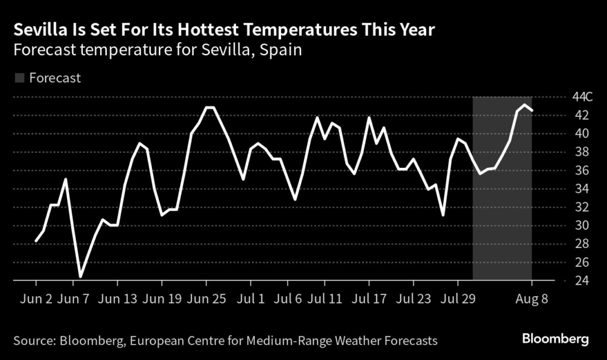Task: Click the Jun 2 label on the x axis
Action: [x=36, y=298]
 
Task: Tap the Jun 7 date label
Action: [x=74, y=298]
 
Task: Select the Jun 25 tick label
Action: [x=207, y=298]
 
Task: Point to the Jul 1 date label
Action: [x=252, y=298]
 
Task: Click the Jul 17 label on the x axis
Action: [x=368, y=298]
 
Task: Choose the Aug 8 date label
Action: [x=532, y=298]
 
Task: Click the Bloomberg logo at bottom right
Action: [x=555, y=340]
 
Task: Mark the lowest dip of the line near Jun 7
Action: [x=80, y=276]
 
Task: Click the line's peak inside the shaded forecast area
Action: [x=525, y=105]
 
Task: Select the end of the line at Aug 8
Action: [x=532, y=110]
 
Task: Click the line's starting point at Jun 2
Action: [x=36, y=241]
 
